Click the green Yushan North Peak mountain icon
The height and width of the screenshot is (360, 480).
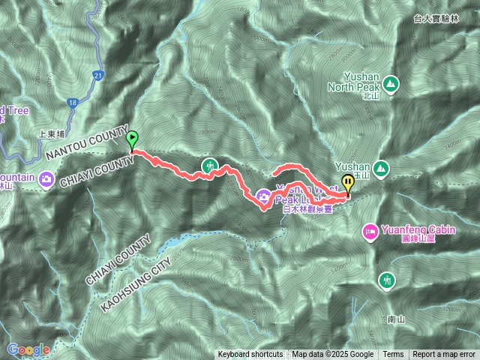[x=390, y=82]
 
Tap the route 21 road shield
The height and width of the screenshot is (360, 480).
[x=99, y=75]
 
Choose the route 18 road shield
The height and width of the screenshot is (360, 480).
[x=72, y=102]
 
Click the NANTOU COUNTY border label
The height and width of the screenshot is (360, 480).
[x=82, y=145]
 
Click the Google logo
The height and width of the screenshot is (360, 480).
[x=28, y=349]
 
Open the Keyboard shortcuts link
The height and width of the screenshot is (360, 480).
[x=250, y=355]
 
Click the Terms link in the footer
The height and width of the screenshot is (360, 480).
[x=393, y=355]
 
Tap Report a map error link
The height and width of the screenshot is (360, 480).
[x=444, y=355]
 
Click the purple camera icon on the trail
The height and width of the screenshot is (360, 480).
[x=263, y=196]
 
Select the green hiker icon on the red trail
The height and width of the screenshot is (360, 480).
[x=210, y=165]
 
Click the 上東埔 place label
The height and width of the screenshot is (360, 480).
[x=52, y=136]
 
